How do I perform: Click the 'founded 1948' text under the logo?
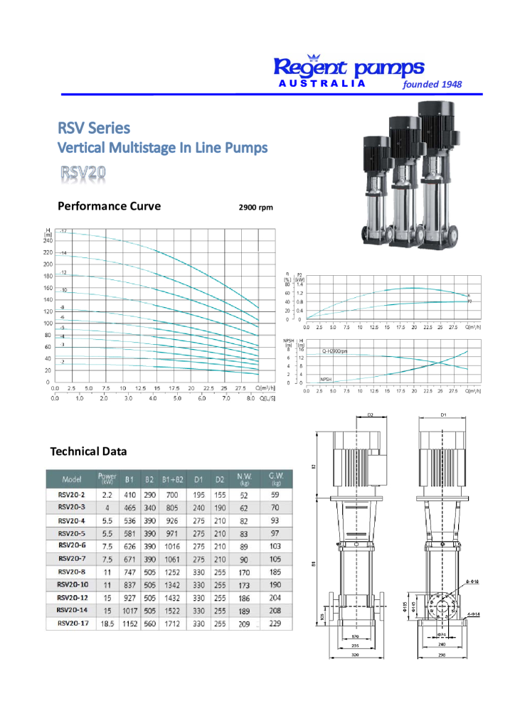[x=432, y=84]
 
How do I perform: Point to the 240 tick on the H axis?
[x=48, y=240]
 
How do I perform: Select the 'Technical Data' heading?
[x=88, y=451]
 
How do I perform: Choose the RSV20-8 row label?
[x=72, y=572]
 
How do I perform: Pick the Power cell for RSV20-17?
[x=107, y=623]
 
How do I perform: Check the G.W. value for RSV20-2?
[x=275, y=495]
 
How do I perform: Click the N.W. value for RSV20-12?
[x=244, y=597]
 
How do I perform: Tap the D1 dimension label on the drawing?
[x=443, y=414]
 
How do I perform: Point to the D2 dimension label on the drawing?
[x=371, y=414]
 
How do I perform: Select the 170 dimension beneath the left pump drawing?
[x=355, y=636]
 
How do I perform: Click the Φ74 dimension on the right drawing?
[x=442, y=633]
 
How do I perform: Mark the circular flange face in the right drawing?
[x=442, y=606]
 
